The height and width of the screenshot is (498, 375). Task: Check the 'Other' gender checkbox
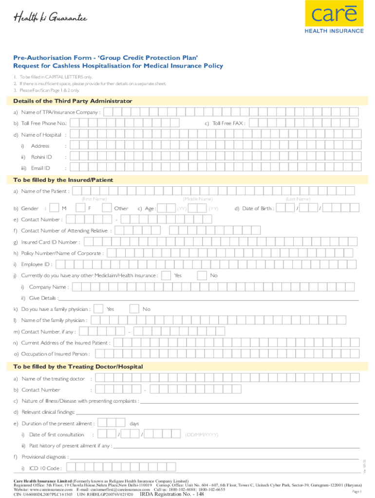[x=107, y=208]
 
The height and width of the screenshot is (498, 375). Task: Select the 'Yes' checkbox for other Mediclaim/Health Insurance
[x=166, y=276]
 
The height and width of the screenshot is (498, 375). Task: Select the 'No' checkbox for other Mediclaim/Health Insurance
[x=202, y=276]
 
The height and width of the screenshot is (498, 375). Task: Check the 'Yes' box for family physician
[x=98, y=309]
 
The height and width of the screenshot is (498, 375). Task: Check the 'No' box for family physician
[x=134, y=309]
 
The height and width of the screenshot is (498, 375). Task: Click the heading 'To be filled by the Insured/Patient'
[x=63, y=180]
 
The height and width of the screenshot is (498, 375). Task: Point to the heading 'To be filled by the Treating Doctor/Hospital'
[x=78, y=366]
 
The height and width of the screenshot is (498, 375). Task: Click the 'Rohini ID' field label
[x=41, y=157]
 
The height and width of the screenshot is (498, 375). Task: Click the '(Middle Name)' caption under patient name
[x=197, y=199]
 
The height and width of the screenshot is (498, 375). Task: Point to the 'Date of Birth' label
[x=254, y=209]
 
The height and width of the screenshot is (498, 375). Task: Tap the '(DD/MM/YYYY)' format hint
[x=201, y=434]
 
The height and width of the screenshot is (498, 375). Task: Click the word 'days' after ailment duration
[x=134, y=424]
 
